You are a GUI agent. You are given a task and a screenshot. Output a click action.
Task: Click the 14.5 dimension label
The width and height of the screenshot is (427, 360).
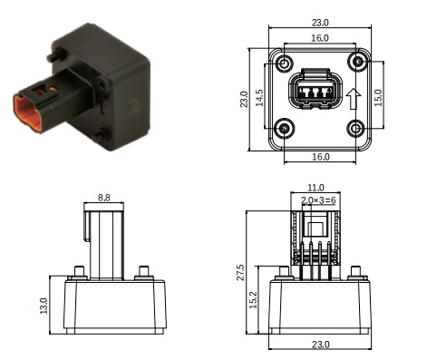tap(259, 98)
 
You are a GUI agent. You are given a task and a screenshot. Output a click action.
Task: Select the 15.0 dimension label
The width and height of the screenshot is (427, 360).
tap(378, 98)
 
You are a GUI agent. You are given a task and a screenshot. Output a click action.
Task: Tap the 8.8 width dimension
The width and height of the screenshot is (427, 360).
tap(103, 198)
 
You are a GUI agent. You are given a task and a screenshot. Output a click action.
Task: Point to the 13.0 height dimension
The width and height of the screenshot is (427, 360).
tap(44, 306)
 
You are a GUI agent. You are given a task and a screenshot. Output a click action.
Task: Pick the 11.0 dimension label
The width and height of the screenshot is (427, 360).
tap(315, 188)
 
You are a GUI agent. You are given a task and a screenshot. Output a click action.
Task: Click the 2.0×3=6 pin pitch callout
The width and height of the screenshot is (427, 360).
tap(318, 200)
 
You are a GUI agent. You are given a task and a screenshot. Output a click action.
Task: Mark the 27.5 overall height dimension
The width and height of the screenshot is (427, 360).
tap(240, 272)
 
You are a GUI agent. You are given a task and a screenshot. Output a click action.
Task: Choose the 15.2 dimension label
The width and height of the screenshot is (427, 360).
tap(253, 300)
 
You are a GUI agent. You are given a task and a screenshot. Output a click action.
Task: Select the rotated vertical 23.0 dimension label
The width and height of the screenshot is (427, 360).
tap(244, 99)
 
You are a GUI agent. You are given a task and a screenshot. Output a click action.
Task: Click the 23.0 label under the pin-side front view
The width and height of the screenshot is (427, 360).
tap(320, 345)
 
